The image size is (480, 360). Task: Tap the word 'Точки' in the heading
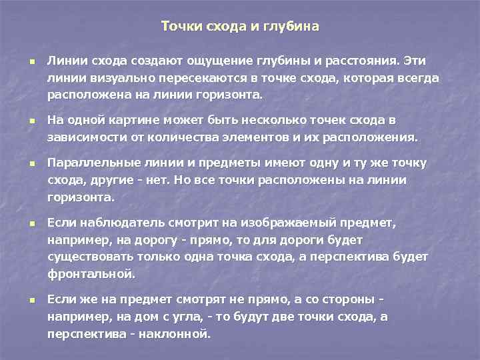pyautogui.click(x=179, y=27)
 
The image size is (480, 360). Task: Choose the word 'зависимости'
pyautogui.click(x=82, y=137)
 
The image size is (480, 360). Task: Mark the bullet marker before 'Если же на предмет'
pyautogui.click(x=31, y=301)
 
